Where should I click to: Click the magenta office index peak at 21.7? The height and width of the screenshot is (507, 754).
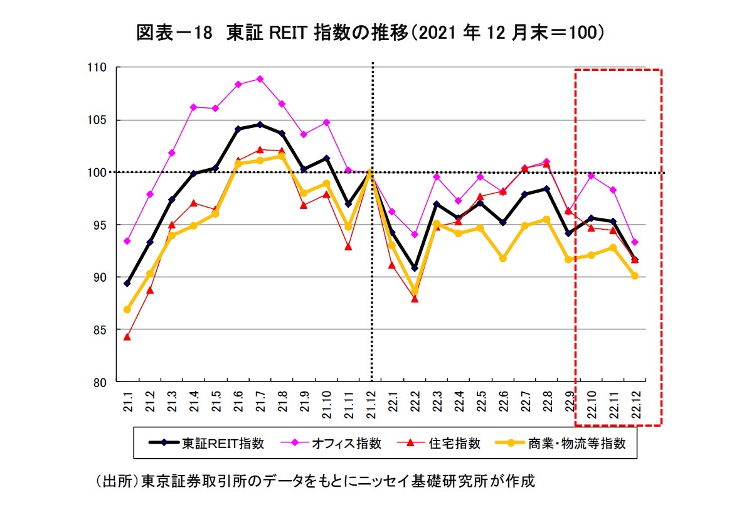point(260,79)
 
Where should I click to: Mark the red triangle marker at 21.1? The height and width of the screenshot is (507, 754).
point(127,337)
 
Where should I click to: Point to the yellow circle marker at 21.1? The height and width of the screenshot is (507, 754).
point(127,309)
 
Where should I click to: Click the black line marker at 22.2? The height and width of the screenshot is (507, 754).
point(415,268)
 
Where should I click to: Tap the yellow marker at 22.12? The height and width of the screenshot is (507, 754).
point(635,276)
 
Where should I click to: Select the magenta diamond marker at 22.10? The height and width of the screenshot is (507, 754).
point(591,176)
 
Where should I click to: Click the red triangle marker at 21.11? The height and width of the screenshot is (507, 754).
point(348,247)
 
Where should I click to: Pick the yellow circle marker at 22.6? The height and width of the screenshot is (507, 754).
point(502,258)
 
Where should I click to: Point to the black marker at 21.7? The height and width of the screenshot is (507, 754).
point(260,124)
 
